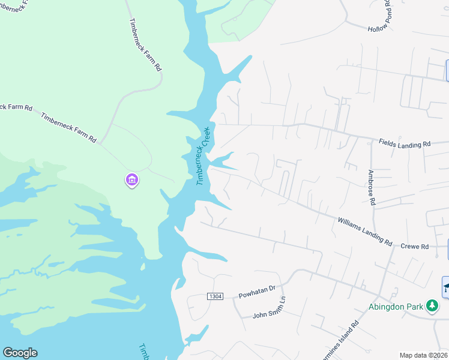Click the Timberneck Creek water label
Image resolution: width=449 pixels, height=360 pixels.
(202, 155)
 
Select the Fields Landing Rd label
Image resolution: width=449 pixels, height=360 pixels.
(405, 143)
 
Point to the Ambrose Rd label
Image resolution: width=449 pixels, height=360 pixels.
(372, 187)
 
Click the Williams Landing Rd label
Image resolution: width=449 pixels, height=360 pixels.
(364, 232)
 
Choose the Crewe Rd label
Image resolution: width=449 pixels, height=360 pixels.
(414, 247)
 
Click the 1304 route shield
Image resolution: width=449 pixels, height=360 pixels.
(215, 297)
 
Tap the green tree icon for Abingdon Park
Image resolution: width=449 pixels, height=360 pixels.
(432, 306)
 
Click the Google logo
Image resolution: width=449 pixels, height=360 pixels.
(20, 353)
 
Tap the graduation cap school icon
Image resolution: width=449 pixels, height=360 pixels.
(446, 287)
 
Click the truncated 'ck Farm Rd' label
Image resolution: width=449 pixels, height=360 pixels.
(15, 107)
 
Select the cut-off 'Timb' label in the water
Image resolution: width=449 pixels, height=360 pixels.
(144, 352)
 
